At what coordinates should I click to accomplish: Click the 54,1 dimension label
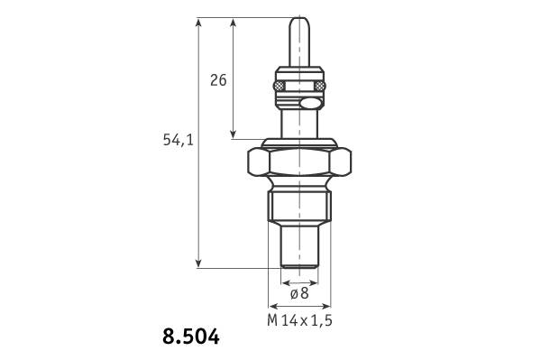coord(178,140)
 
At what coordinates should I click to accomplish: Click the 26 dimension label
coord(218,80)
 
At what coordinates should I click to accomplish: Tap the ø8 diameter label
coord(299,293)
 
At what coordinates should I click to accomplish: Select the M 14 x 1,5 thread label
coord(299,320)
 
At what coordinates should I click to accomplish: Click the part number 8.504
coord(191,337)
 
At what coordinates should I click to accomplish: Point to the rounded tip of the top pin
coord(299,19)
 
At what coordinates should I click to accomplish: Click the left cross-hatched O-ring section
coord(279,85)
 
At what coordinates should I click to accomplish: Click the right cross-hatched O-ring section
coord(320,85)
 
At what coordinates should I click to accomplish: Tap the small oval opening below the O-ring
coord(309,103)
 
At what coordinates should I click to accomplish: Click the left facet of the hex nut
coord(259,162)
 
